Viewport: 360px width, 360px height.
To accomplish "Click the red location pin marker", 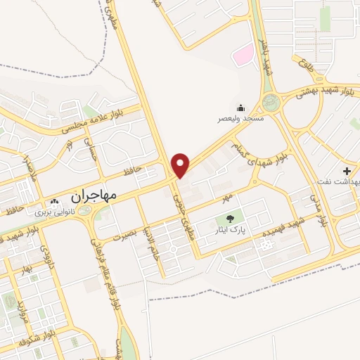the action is (x=181, y=165).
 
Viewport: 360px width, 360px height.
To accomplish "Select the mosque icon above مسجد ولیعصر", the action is (x=241, y=108).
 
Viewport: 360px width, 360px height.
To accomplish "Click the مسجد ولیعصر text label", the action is (x=240, y=119).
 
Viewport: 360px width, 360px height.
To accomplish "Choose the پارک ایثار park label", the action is (x=231, y=230).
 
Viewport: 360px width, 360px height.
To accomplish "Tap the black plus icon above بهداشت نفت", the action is (x=347, y=171).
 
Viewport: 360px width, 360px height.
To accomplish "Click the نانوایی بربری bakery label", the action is (x=54, y=211).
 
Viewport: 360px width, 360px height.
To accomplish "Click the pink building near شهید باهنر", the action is (x=243, y=54).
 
